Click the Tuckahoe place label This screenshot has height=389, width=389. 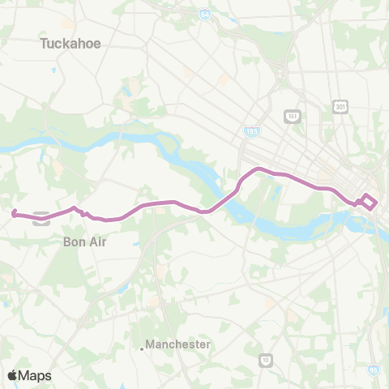71,44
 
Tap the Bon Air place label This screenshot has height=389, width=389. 84,241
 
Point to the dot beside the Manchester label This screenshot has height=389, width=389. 142,349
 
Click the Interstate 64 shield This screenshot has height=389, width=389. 205,15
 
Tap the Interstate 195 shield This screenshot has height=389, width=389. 254,130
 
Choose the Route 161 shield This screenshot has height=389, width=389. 292,116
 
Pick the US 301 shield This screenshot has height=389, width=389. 340,106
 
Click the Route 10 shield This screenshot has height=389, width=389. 266,359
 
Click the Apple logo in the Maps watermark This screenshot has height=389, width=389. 13,375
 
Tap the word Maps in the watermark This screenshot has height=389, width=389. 35,375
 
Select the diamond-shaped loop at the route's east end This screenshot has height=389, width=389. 369,201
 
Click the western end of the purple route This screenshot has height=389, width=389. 14,214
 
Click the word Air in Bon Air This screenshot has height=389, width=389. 96,241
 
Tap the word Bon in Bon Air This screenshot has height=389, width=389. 75,241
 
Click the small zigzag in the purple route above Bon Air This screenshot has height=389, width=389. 81,212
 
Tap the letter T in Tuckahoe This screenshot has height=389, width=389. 44,44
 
